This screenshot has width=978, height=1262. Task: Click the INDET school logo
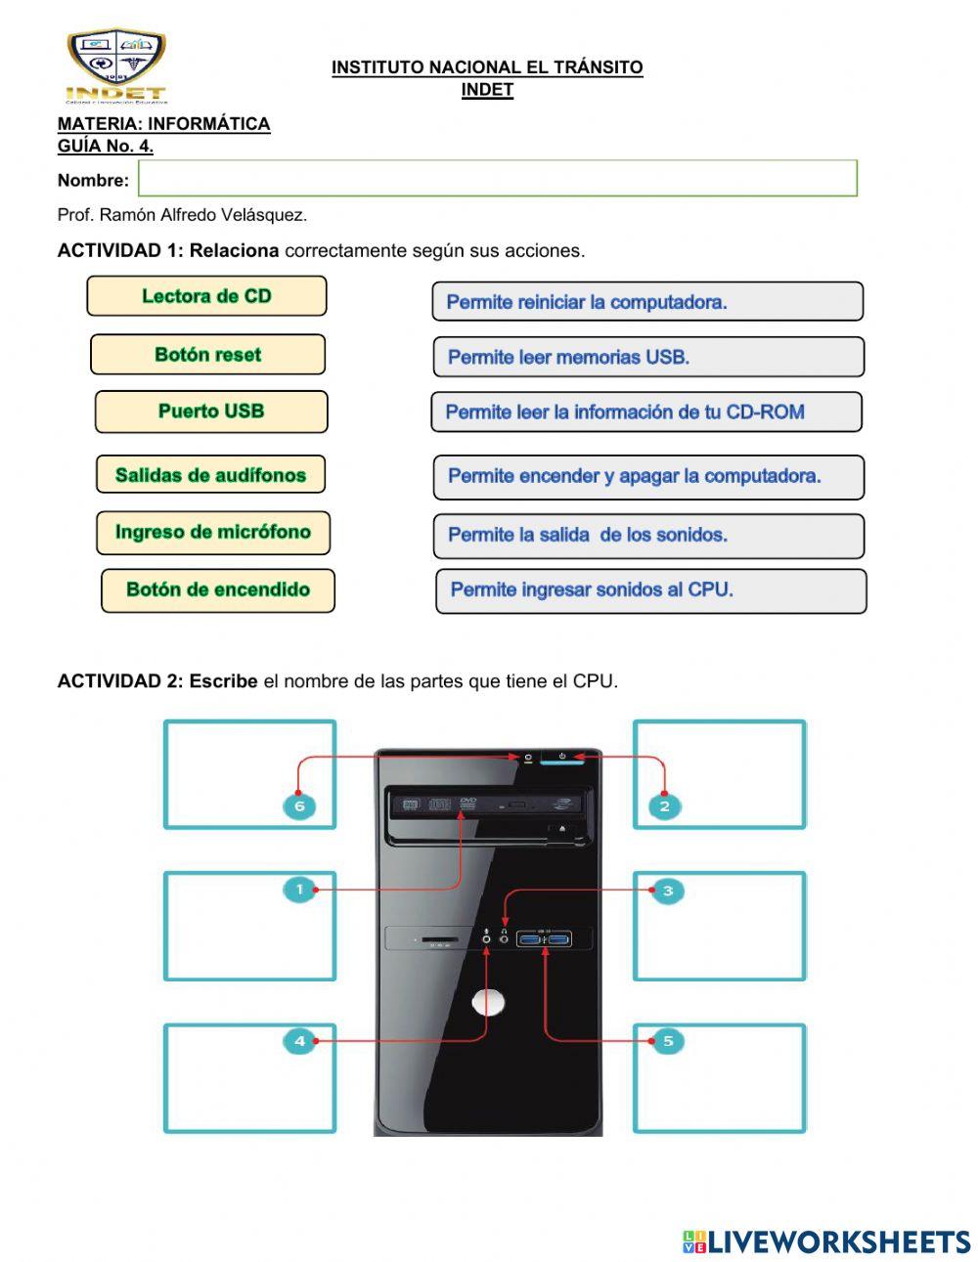[116, 65]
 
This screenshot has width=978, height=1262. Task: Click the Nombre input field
[497, 179]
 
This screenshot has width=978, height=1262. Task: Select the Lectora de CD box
[206, 296]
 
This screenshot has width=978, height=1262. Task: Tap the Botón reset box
[207, 355]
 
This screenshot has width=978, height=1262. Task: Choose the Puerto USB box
[211, 412]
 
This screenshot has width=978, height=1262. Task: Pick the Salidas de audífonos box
[210, 475]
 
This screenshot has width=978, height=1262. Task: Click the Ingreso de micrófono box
[213, 533]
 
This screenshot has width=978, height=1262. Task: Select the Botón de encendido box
[218, 590]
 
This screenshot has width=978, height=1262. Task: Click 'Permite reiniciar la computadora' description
[647, 302]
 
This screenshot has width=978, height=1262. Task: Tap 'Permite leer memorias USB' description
[648, 357]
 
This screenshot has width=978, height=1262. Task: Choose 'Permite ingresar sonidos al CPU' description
[650, 590]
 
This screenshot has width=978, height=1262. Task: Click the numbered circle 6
[299, 806]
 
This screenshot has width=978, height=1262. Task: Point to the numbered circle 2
[665, 806]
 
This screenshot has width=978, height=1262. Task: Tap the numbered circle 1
[299, 890]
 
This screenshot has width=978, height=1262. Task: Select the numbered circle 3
[668, 891]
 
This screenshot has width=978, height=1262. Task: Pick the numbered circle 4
[299, 1041]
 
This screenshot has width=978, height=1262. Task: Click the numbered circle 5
[668, 1041]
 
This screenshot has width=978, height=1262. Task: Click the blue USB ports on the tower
[545, 940]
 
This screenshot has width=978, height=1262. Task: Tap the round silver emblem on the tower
[488, 1002]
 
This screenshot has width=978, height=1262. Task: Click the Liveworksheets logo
[826, 1241]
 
